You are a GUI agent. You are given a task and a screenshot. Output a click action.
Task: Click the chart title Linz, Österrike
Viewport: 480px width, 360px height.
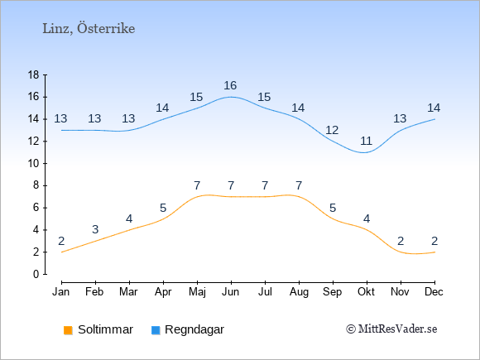pos(89,28)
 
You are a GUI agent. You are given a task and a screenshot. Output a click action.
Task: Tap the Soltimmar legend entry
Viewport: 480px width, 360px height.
pos(98,329)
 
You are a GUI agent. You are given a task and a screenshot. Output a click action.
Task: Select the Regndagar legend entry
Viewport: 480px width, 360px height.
pos(188,329)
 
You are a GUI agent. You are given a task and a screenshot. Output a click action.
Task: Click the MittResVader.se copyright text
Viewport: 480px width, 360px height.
pos(391,329)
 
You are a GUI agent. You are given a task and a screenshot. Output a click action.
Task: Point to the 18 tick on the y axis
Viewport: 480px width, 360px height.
pos(33,74)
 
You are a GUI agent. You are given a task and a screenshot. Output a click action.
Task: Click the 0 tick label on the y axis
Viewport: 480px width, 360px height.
pos(36,274)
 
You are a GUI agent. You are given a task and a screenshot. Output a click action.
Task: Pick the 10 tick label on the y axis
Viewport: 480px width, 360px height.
pos(33,164)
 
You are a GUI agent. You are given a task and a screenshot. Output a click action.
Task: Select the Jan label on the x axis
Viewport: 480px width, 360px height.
pos(61,292)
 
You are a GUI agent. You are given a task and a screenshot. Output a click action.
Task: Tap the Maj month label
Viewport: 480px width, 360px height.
pos(197,292)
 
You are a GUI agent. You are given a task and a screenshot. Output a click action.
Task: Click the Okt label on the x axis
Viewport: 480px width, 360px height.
pos(367,292)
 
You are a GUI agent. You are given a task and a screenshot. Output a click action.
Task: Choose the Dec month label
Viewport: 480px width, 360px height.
pos(434,292)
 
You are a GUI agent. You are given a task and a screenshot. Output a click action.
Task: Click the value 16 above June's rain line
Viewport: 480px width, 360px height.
pos(230,85)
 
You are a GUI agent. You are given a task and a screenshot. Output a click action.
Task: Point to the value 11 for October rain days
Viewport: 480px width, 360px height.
pos(366,142)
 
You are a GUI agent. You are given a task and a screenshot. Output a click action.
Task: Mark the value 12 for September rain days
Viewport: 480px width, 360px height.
pos(332,130)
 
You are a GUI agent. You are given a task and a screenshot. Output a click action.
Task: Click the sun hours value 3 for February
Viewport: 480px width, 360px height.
pos(95,229)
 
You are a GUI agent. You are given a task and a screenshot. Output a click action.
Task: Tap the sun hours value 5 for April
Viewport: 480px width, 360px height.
pos(163,209)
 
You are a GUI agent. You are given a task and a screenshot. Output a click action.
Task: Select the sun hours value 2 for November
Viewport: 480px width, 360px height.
pos(401,241)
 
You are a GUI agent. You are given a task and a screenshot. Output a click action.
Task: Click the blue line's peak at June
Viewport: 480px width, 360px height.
pos(231,97)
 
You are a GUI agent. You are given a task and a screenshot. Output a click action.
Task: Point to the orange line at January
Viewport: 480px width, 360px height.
pos(62,252)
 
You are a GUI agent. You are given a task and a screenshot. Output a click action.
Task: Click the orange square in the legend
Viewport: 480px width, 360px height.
pos(68,330)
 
